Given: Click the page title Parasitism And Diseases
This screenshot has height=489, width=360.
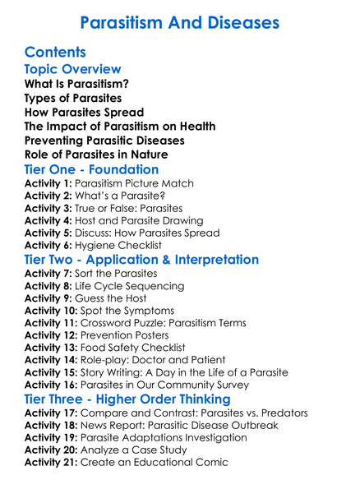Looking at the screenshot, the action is point(180,21).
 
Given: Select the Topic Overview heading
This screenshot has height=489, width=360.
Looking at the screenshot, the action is point(73,69).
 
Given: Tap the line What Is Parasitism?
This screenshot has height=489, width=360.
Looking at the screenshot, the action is point(76,84).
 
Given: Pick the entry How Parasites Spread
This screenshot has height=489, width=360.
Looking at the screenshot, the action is point(85,112).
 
